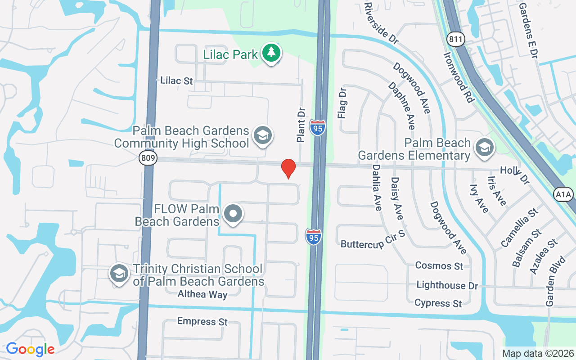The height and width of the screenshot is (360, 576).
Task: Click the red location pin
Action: point(288,168)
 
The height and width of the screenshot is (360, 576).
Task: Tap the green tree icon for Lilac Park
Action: point(271,53)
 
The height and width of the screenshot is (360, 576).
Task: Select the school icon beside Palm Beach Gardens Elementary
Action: point(485,147)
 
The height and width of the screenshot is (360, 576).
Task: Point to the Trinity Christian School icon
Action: point(119,273)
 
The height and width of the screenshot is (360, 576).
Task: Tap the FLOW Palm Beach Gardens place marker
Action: point(233,214)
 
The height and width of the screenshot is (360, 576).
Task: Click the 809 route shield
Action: point(148,158)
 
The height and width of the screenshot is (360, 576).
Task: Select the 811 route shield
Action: point(455,40)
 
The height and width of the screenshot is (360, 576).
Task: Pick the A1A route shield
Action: point(563,194)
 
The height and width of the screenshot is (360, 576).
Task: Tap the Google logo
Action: point(30,349)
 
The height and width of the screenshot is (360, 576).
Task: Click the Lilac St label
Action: point(176,81)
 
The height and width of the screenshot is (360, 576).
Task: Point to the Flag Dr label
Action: point(342,103)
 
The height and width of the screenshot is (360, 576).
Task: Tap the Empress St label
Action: point(202,321)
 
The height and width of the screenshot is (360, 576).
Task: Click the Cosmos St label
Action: point(439,265)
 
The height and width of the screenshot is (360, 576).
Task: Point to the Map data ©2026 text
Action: point(538,354)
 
